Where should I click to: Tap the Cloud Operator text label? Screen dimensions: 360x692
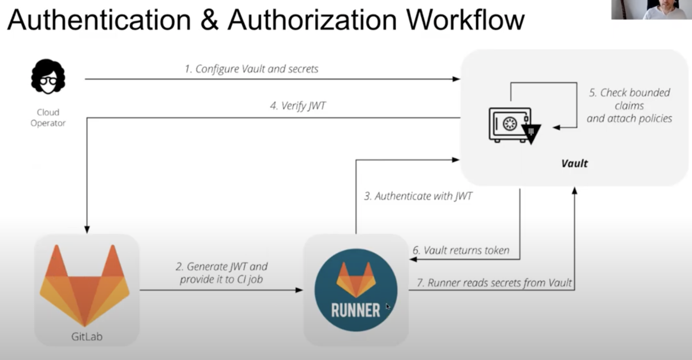coord(48,118)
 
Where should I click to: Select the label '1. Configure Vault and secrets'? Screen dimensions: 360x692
coord(251,69)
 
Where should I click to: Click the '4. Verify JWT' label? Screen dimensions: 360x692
coord(297,106)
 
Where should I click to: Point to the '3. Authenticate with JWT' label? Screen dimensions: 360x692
coord(418,196)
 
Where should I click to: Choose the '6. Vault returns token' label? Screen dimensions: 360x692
coord(461,251)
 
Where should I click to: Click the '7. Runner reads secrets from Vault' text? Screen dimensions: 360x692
coord(494,283)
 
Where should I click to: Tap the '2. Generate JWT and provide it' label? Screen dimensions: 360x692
coord(221,273)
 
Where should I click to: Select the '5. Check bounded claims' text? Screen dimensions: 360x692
coord(629,105)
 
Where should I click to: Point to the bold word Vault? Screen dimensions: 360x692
coord(574,163)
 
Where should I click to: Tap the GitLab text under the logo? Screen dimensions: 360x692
coord(86,337)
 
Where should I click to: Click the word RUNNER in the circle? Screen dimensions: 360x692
coord(355,310)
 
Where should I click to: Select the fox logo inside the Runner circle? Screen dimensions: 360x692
coord(356,279)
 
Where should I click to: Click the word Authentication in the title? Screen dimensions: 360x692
coord(99,19)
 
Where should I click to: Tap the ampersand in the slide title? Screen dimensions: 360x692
coord(209,19)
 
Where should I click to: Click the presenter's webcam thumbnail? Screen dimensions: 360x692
coord(651,9)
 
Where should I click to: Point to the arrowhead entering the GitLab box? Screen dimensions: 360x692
coord(87,230)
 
